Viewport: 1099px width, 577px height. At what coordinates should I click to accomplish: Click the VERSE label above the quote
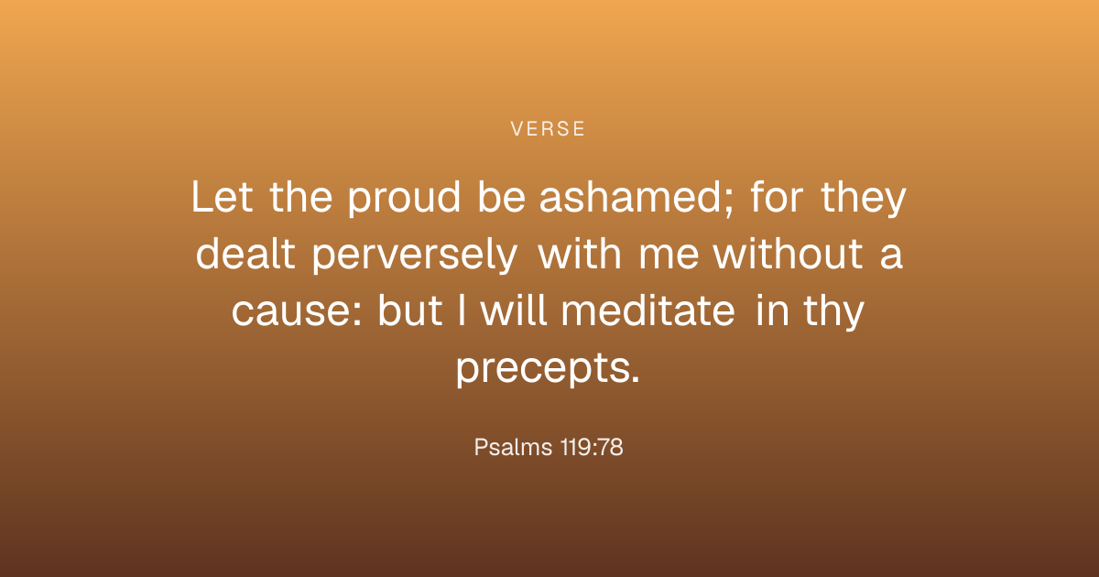click(x=548, y=129)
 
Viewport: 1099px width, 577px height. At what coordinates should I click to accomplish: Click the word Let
click(x=223, y=197)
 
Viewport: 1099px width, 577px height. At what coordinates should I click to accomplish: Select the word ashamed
click(x=629, y=197)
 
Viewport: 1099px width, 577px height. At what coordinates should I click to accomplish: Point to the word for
click(x=777, y=197)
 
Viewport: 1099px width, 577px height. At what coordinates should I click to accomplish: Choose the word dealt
click(x=245, y=255)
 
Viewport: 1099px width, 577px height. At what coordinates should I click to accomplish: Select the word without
click(x=788, y=255)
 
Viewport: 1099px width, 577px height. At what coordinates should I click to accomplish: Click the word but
click(x=409, y=310)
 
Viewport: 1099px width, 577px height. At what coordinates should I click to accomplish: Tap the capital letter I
click(x=462, y=310)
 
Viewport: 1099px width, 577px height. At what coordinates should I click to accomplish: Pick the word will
click(x=514, y=310)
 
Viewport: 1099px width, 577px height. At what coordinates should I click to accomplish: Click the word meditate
click(x=647, y=310)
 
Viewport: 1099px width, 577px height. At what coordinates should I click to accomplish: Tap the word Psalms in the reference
click(x=513, y=448)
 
